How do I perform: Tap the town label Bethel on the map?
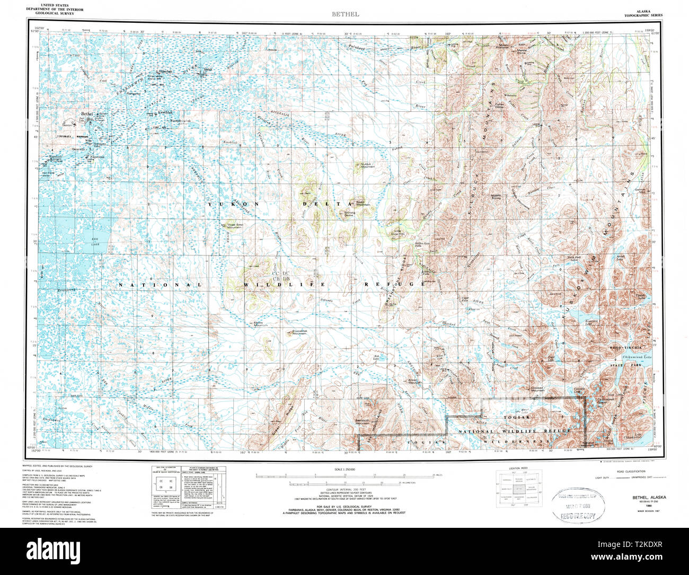coord(86,114)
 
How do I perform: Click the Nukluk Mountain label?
coord(368,165)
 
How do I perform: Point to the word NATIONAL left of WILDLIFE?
coord(160,285)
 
